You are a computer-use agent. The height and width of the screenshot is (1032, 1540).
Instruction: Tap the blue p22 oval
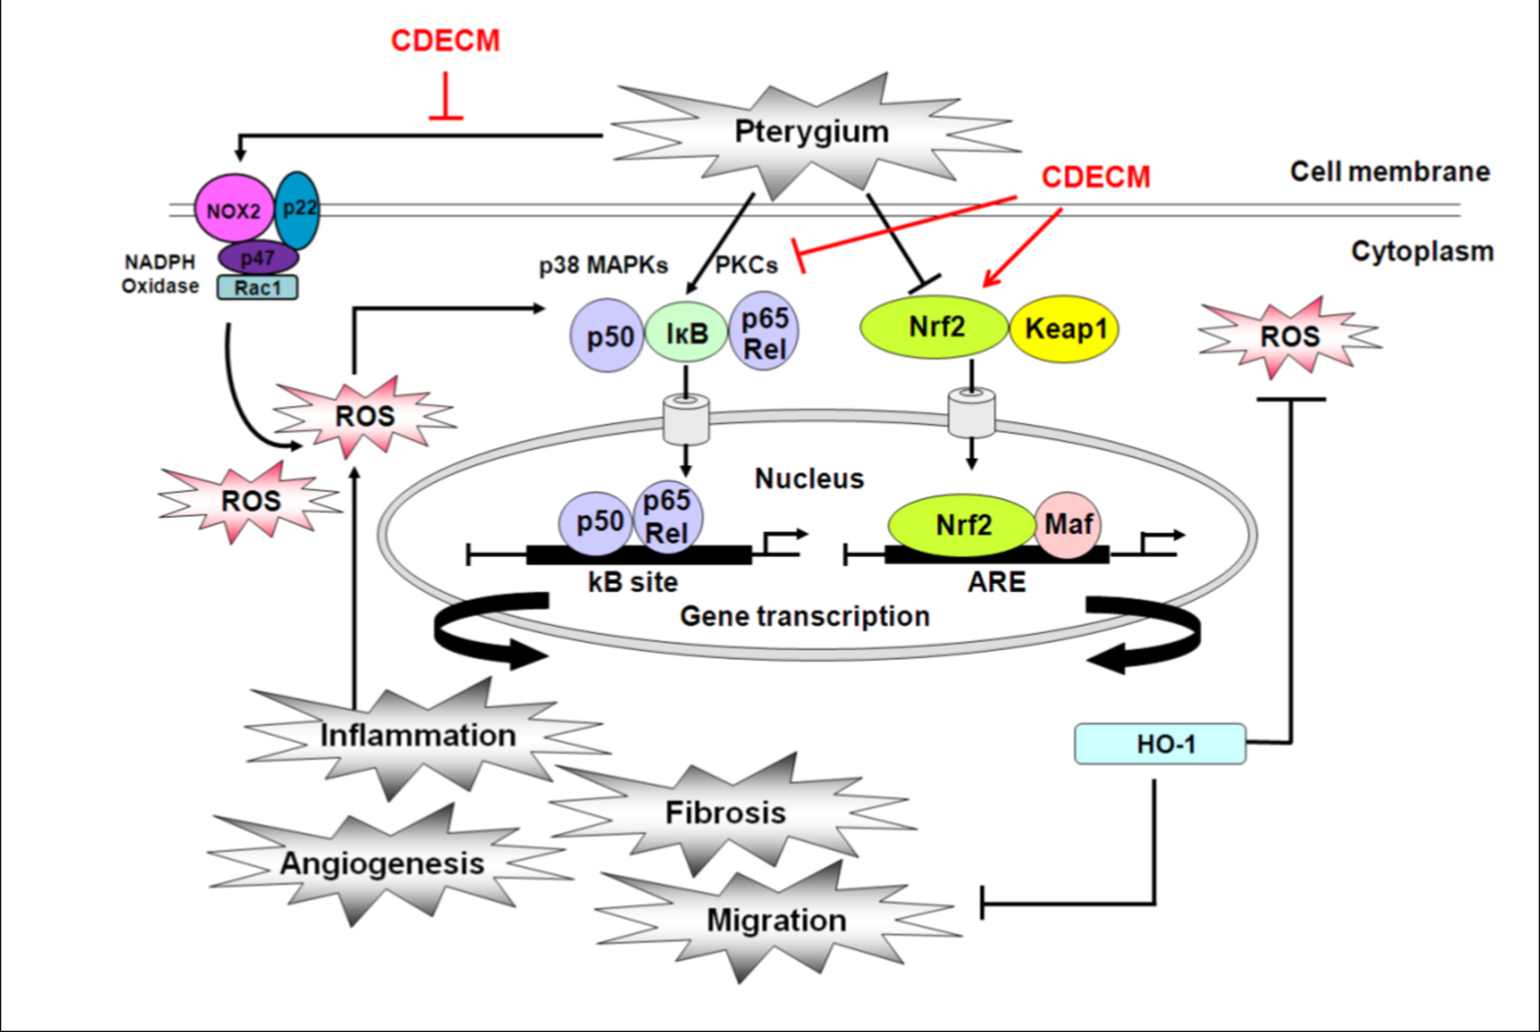point(297,209)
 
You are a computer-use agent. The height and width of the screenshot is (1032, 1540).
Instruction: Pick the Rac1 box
point(257,288)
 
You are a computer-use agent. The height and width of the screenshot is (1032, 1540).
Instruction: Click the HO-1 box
point(1160,744)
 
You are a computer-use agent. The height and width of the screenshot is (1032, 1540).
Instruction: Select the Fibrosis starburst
point(726,813)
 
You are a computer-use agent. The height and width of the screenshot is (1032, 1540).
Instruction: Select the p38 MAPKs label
point(603,265)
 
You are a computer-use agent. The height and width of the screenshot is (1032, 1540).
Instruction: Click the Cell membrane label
point(1389,172)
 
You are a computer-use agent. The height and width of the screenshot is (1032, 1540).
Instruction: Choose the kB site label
point(633,582)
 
